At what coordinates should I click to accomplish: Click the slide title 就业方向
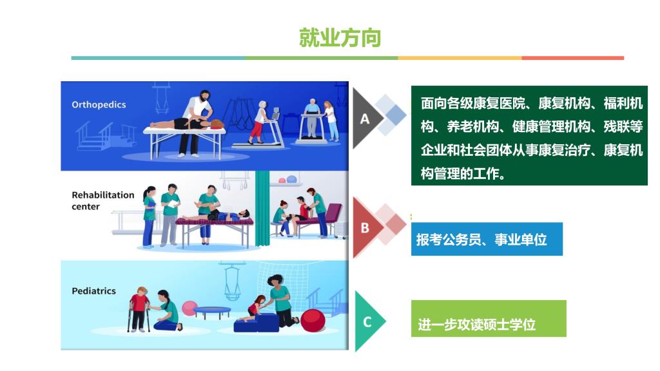click(340, 38)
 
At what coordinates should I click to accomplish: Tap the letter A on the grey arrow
click(365, 119)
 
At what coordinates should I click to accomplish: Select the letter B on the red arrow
click(365, 228)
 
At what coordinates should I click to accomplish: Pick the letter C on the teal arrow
click(367, 322)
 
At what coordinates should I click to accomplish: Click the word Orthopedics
click(99, 105)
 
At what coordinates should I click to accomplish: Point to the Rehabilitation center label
click(102, 201)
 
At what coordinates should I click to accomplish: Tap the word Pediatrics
click(93, 290)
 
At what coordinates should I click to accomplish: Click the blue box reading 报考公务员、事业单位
click(487, 239)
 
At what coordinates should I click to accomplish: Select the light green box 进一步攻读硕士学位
click(489, 318)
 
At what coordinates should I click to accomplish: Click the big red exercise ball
click(313, 321)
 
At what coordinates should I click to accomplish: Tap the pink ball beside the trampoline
click(189, 309)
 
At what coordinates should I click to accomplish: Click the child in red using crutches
click(139, 309)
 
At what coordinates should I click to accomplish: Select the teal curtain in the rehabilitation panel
click(262, 208)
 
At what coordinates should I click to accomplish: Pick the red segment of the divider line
click(573, 58)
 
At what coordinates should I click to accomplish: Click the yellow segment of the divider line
click(460, 58)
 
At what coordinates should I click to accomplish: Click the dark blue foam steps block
click(257, 323)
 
